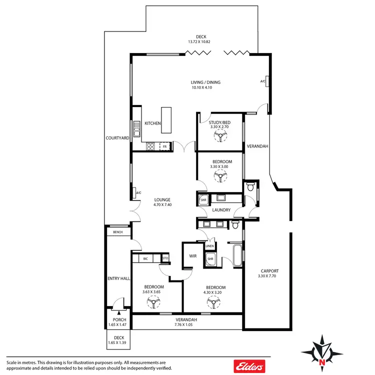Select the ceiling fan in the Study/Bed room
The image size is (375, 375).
[219, 137]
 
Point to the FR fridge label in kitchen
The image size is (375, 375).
[164, 146]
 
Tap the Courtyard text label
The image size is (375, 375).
[118, 137]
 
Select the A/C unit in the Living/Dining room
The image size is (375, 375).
[268, 81]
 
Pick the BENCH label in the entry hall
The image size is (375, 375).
[118, 232]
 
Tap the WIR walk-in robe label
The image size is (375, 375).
[192, 255]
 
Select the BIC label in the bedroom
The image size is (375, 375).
[145, 258]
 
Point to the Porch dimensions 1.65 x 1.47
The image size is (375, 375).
[119, 325]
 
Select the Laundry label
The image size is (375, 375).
[221, 210]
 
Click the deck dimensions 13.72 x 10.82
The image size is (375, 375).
[201, 41]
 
